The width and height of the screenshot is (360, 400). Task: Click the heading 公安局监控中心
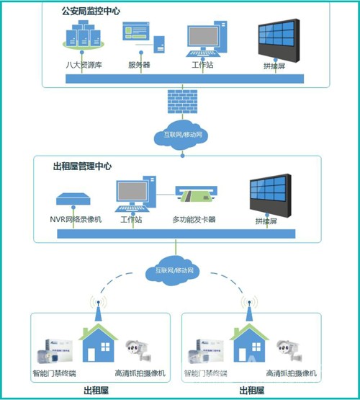click(91, 12)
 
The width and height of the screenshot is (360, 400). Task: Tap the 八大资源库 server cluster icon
click(84, 35)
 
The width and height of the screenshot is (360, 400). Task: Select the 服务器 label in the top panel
click(139, 65)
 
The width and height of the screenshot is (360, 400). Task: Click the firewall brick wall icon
click(182, 102)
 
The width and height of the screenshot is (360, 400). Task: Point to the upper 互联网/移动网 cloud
click(181, 135)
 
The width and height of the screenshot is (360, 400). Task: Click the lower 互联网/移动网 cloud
click(173, 271)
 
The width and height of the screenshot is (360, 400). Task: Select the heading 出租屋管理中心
click(82, 166)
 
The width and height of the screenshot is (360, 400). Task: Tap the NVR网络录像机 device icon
click(73, 199)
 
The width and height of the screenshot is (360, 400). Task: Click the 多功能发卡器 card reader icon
click(196, 195)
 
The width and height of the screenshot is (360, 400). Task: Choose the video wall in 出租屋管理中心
click(270, 195)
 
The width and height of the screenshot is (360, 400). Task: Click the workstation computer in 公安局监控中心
click(207, 39)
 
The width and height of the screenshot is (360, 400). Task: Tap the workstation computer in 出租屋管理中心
click(135, 194)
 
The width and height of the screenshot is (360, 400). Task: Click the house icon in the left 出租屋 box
click(99, 342)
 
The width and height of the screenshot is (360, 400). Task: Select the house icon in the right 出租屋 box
click(249, 342)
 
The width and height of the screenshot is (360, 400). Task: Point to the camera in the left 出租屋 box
click(139, 351)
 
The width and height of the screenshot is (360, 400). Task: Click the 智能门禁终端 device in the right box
click(206, 352)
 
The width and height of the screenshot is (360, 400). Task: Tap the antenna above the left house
click(99, 308)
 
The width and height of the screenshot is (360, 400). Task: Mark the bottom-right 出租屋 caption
click(252, 391)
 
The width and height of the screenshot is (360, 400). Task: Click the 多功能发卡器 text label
click(194, 219)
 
